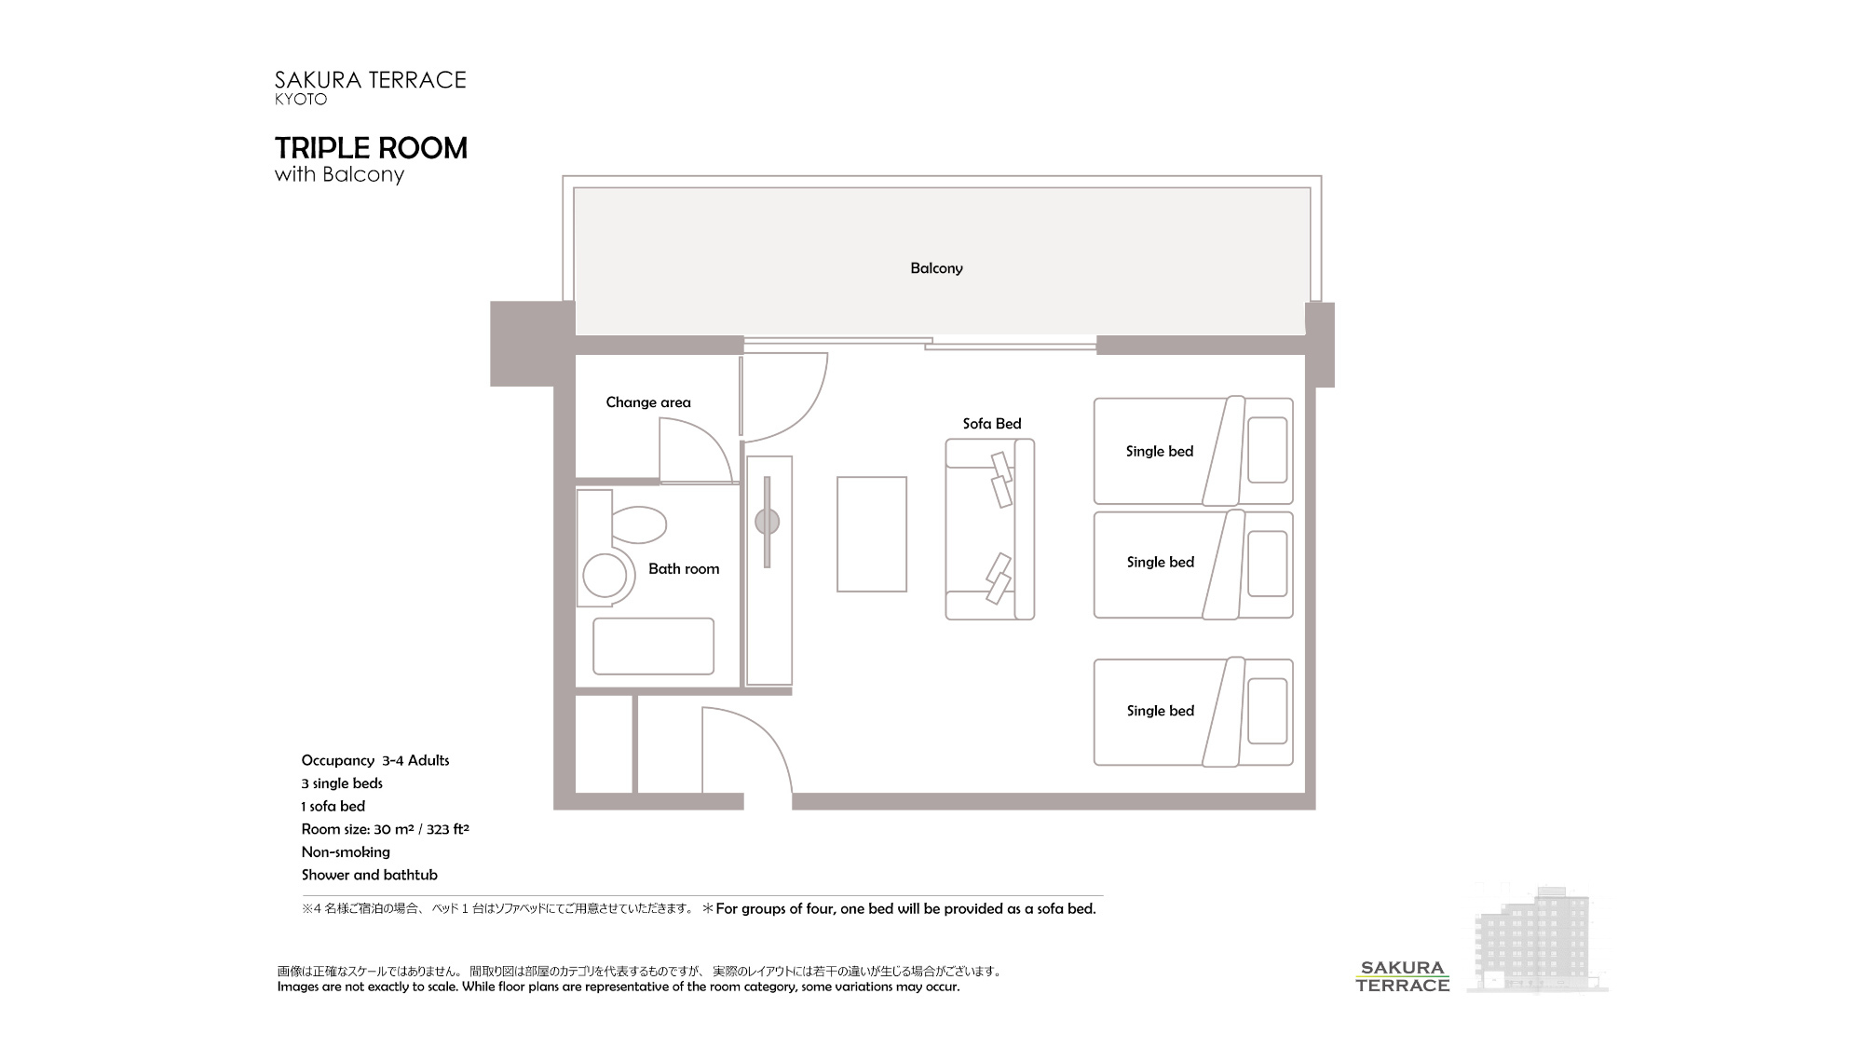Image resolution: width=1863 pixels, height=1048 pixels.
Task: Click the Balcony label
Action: click(x=936, y=268)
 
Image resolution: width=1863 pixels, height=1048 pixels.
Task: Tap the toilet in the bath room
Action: click(x=637, y=524)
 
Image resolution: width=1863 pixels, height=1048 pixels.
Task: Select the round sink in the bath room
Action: click(x=605, y=575)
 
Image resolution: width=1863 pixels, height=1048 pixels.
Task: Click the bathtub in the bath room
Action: click(x=653, y=646)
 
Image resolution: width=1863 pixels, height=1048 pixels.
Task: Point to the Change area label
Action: click(x=648, y=402)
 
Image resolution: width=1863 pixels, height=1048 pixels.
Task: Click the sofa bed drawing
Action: click(x=989, y=529)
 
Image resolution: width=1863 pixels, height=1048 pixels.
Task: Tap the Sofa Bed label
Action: click(x=992, y=424)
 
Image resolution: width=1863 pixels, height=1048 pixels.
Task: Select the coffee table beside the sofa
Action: click(x=871, y=534)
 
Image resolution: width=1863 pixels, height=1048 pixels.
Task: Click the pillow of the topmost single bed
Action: click(x=1267, y=450)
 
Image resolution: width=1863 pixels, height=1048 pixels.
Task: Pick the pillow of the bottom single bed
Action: click(x=1267, y=711)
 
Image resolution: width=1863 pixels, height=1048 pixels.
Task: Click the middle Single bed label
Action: click(x=1160, y=562)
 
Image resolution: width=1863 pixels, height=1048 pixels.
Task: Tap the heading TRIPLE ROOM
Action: click(x=371, y=148)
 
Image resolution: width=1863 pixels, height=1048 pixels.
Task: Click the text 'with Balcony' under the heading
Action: click(x=339, y=175)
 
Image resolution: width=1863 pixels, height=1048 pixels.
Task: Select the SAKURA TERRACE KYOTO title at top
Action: click(x=370, y=88)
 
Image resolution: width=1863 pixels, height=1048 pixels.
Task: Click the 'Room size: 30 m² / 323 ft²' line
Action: click(x=385, y=829)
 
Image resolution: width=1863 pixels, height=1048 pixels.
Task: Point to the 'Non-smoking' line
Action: click(x=346, y=851)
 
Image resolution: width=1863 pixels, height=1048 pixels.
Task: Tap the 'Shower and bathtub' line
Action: click(x=369, y=875)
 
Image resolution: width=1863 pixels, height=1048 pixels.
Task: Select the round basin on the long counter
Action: click(x=767, y=522)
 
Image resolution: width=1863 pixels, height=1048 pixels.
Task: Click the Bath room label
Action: click(x=684, y=569)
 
